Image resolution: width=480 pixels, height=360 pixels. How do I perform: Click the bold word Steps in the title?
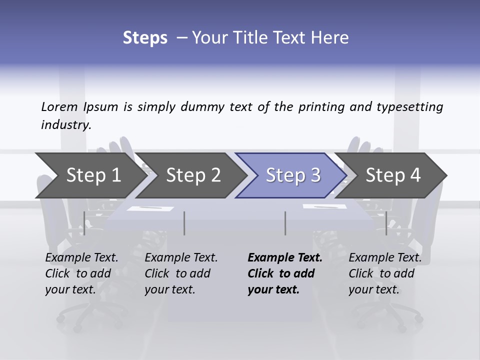click(145, 38)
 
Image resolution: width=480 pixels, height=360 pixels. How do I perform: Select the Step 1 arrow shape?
click(90, 175)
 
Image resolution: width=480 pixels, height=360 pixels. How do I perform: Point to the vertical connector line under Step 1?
click(84, 223)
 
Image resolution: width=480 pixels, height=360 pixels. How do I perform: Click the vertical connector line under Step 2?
click(184, 223)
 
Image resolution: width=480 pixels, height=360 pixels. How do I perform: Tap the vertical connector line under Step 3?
click(285, 223)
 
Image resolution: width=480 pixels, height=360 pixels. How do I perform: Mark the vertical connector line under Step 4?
click(386, 223)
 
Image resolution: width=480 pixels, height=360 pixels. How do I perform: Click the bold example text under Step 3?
click(284, 273)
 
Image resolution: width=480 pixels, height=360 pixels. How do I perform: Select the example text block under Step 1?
click(81, 273)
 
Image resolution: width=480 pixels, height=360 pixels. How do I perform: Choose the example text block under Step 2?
click(180, 273)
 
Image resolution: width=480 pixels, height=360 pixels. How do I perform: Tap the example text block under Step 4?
click(384, 273)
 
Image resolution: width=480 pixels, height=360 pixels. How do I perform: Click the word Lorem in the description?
click(59, 107)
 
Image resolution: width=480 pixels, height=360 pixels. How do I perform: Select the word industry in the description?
click(66, 125)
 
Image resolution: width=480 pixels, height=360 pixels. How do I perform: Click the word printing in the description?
click(321, 107)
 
